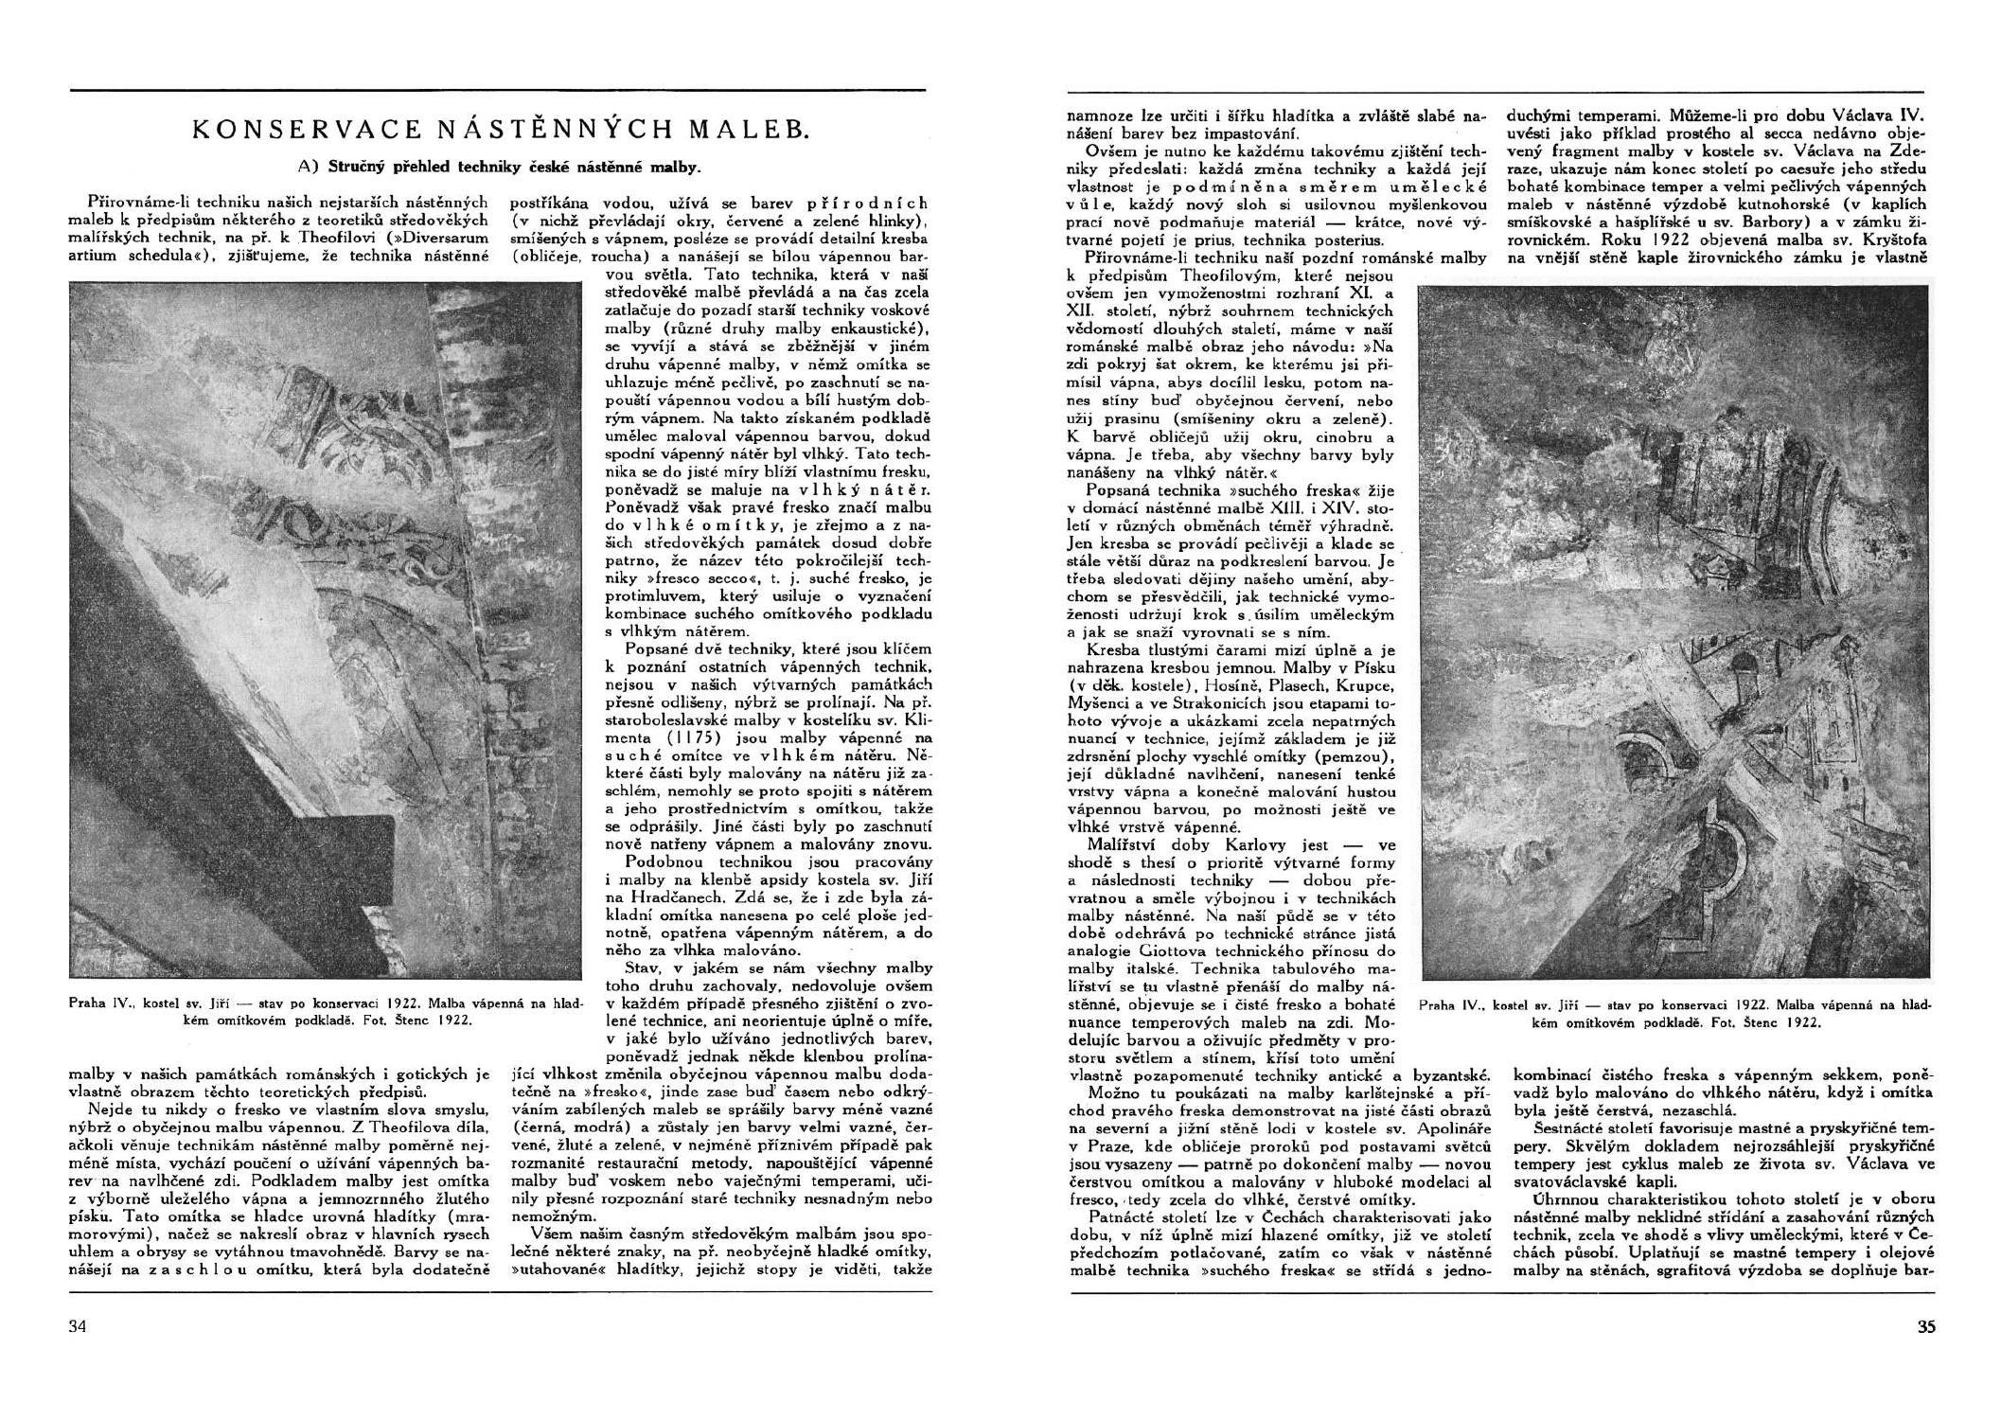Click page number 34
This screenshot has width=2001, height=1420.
[78, 1326]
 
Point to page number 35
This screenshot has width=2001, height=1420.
[1925, 1326]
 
